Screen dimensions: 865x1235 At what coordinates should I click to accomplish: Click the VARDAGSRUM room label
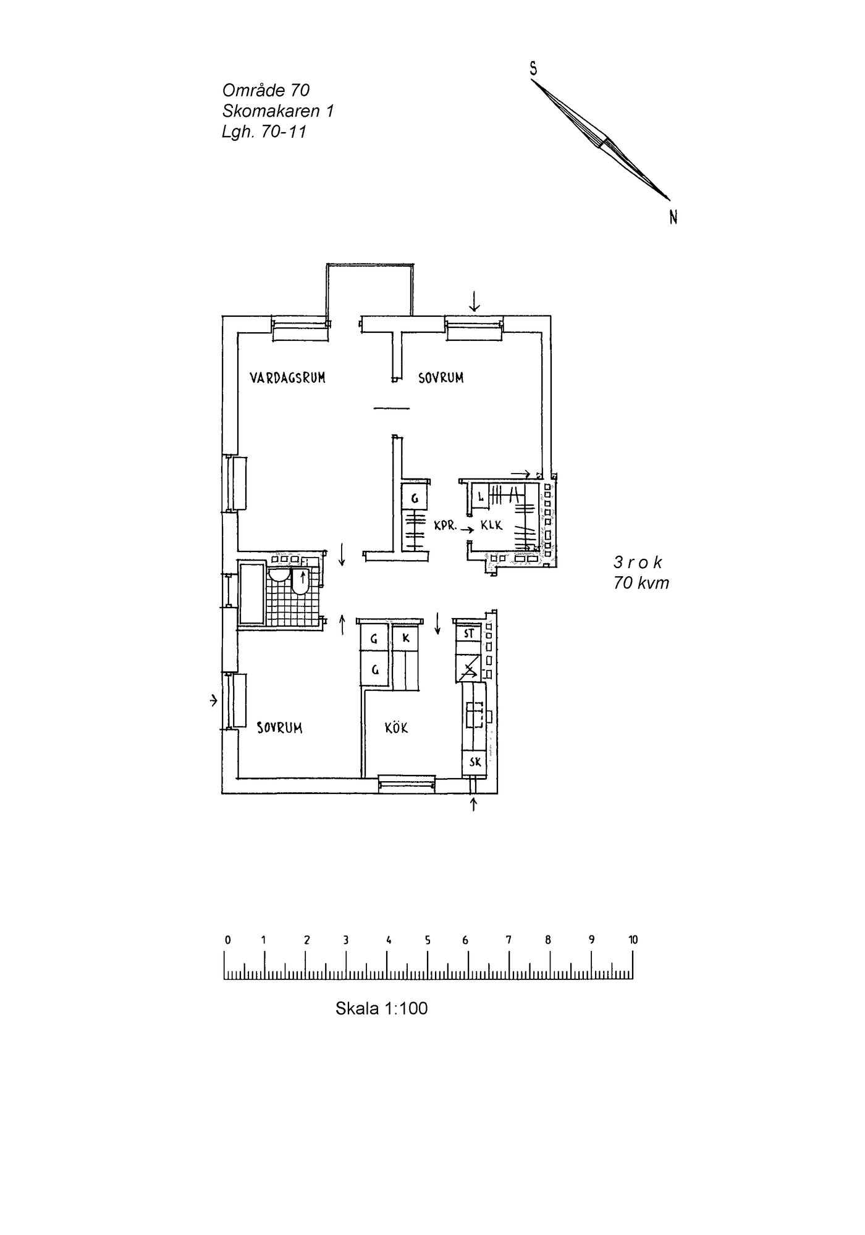[x=287, y=378]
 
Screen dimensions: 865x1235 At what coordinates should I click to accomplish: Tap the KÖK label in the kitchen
[x=397, y=728]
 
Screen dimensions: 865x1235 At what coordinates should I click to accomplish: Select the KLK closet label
[x=492, y=526]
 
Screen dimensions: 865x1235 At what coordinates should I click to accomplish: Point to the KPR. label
[x=445, y=527]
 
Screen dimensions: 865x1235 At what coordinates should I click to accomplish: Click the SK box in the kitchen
[x=475, y=763]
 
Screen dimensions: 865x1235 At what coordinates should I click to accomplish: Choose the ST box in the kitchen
[x=468, y=633]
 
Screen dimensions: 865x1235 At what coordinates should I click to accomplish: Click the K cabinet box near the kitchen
[x=406, y=638]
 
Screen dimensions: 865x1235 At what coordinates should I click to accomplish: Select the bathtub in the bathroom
[x=252, y=593]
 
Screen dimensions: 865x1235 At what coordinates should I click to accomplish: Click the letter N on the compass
[x=673, y=217]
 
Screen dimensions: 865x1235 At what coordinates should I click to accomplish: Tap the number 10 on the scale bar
[x=633, y=940]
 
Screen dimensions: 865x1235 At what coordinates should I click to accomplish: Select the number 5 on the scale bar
[x=428, y=940]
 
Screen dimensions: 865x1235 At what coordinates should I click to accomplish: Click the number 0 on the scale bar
[x=228, y=940]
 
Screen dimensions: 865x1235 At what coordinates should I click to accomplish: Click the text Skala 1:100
[x=381, y=1008]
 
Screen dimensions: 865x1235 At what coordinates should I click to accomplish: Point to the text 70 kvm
[x=641, y=583]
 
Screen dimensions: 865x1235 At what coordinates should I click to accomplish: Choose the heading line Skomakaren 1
[x=278, y=111]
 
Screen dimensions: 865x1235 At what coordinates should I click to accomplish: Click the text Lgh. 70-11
[x=264, y=132]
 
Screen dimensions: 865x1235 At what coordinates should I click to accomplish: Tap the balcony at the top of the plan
[x=370, y=290]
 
